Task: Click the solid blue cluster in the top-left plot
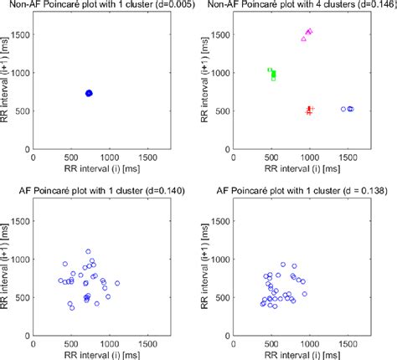tap(89, 93)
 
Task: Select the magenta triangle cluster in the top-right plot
tap(307, 34)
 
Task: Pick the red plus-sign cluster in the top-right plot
tap(309, 110)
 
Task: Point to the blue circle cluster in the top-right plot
tap(348, 109)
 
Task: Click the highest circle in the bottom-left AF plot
tap(88, 251)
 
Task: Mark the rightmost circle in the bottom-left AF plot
tap(116, 283)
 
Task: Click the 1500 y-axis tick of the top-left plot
tap(18, 36)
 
